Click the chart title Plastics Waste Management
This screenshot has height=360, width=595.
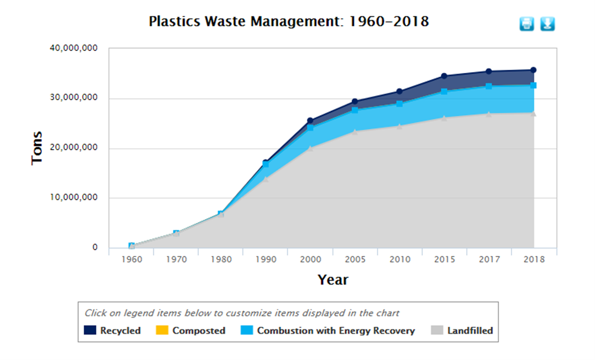point(288,22)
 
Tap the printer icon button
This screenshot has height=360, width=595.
point(526,24)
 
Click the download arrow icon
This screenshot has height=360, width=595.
point(547,24)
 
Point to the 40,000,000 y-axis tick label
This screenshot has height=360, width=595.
point(73,48)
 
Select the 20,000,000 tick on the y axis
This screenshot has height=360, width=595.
point(73,148)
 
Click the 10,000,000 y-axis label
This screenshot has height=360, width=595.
point(73,198)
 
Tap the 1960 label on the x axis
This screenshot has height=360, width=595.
point(131,259)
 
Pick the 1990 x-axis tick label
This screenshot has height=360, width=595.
point(266,259)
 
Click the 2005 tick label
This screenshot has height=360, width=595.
point(355,259)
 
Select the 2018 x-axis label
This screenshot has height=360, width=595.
point(533,259)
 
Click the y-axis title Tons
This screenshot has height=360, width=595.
point(37,148)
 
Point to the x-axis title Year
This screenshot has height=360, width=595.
point(332,280)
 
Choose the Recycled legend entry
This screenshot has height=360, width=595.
point(113,331)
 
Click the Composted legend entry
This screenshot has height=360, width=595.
point(191,331)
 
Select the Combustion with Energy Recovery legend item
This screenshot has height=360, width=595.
point(329,331)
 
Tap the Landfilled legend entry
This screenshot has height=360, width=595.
point(462,331)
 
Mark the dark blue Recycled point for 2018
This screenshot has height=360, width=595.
point(533,70)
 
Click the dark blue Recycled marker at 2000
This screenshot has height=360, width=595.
point(310,121)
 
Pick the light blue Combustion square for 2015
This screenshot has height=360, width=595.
point(444,92)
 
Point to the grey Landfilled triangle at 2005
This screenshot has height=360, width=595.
point(355,131)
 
